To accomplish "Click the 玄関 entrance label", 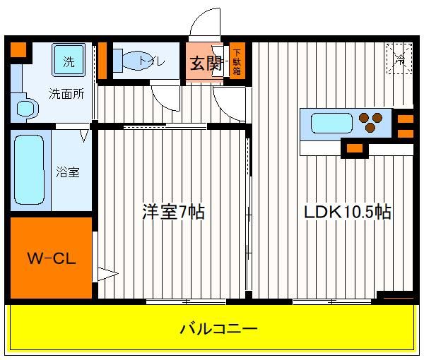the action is coord(206,64).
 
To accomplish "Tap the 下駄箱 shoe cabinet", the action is coord(237,61).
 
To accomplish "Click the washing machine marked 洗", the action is coord(69,60).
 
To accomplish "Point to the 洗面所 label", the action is coord(66,94).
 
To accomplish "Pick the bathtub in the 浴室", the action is coord(29,170).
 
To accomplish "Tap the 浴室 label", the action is coord(68,172).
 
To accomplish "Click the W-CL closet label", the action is coord(52,258).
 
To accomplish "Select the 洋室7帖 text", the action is coord(173,212).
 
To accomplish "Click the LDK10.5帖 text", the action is coord(347,212).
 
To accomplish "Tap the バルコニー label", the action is coord(218,329).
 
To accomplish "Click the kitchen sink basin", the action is coord(332,124).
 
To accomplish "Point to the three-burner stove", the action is coord(370,122).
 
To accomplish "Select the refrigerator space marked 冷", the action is coord(399,59).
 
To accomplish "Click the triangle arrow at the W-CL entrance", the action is coord(107,274).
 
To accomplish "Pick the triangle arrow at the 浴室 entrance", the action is coord(84,136).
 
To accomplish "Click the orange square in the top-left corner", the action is coord(18,49).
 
